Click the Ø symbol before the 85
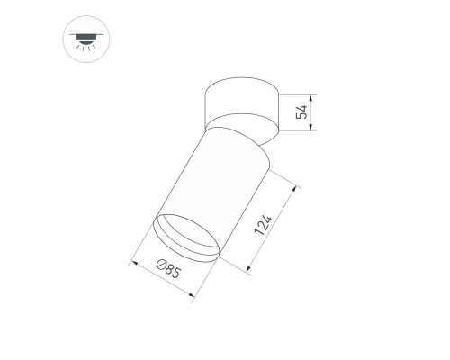point(160,267)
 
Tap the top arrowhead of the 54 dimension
point(311,96)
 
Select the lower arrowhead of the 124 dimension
point(246,267)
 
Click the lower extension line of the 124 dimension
point(232,264)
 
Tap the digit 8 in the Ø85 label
point(170,274)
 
